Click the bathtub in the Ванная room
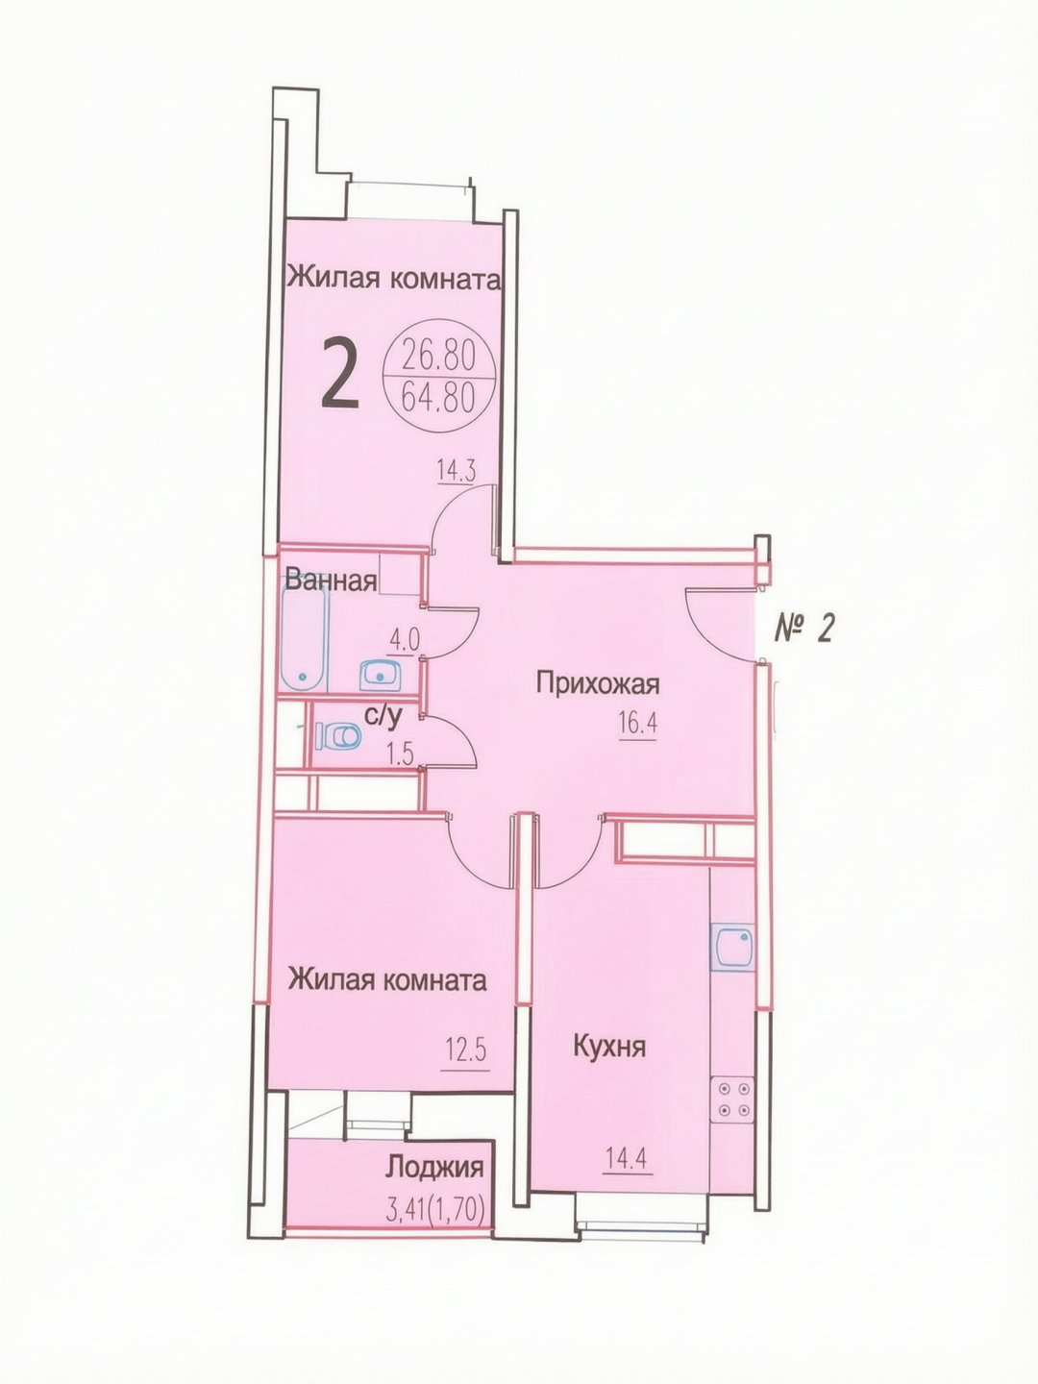tap(306, 640)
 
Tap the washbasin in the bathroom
tap(380, 676)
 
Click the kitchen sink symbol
tap(732, 947)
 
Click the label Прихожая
tap(598, 683)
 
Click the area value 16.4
tap(638, 724)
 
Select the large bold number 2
tap(339, 372)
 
